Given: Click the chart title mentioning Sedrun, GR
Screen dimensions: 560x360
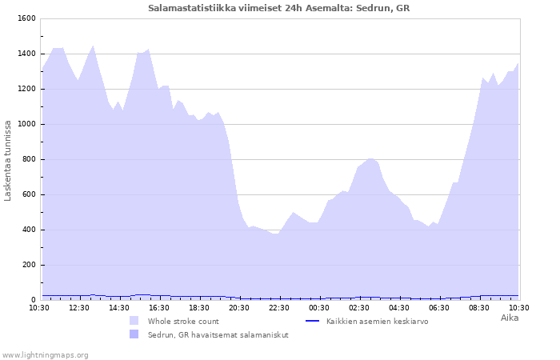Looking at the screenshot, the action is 278,8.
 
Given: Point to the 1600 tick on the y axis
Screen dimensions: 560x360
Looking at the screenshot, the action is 26,18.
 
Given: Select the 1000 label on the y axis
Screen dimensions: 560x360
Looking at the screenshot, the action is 26,124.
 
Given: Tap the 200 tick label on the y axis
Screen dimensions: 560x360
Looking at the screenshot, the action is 29,265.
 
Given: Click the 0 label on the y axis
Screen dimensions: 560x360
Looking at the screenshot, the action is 34,300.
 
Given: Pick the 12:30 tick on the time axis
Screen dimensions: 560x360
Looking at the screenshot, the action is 79,308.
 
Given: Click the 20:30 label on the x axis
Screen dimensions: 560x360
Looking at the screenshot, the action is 239,308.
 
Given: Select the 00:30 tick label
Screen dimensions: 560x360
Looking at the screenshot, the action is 319,308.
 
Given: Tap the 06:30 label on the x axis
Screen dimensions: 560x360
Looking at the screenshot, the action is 439,308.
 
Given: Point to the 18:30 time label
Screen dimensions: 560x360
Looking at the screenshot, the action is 199,308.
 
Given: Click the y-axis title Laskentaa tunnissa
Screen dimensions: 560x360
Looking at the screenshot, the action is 7,161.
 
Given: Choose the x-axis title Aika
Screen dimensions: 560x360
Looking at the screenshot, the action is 510,318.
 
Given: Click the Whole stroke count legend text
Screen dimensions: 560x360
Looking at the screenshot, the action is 183,322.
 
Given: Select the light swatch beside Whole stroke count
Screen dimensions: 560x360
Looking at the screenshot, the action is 134,320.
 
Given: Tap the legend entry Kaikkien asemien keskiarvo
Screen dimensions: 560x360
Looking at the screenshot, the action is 377,322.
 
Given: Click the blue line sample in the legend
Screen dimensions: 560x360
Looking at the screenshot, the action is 313,321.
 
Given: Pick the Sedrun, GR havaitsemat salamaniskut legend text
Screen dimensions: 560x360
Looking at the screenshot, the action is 218,335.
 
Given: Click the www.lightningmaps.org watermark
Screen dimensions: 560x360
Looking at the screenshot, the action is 45,355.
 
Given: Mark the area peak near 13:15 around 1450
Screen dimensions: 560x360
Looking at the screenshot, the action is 93,46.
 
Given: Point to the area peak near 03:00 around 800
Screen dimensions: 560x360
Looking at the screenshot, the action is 370,158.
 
